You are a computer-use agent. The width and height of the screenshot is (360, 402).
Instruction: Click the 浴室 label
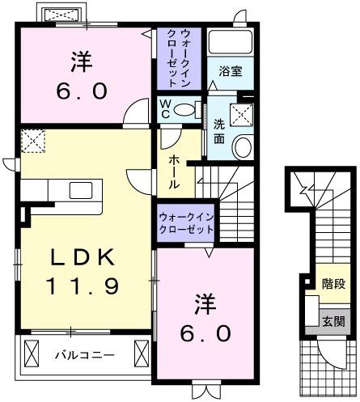(229, 71)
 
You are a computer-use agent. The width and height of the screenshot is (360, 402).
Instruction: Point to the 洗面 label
(219, 132)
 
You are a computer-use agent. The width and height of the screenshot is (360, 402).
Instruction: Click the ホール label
(174, 172)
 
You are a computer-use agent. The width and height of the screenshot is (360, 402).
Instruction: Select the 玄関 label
(332, 321)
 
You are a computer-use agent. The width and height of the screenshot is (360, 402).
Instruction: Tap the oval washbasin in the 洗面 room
(242, 146)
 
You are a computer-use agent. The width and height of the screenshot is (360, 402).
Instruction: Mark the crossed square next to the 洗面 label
(240, 114)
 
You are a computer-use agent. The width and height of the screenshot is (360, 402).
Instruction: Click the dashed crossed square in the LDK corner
(33, 142)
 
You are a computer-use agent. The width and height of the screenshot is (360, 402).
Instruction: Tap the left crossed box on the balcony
(33, 353)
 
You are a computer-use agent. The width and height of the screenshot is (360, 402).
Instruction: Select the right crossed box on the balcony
(141, 353)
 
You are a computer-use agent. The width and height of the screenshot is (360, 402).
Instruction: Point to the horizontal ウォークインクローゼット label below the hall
(186, 222)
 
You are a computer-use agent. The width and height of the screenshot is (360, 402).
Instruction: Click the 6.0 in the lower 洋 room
(204, 332)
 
